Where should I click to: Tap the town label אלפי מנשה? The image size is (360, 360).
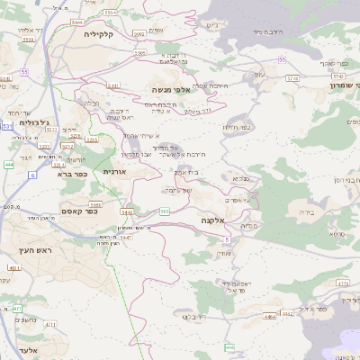click(170, 90)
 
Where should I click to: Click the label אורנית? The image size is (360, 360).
click(117, 170)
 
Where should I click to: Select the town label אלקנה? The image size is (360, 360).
click(213, 220)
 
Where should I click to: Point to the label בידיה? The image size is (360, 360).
click(308, 212)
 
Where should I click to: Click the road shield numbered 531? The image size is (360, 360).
click(7, 128)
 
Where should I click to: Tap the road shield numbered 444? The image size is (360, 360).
click(8, 165)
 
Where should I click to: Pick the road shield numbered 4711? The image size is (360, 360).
click(49, 324)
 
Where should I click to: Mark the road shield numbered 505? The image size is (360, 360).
click(165, 211)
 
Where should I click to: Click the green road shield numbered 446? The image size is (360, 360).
click(230, 346)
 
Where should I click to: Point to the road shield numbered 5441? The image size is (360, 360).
click(113, 86)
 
